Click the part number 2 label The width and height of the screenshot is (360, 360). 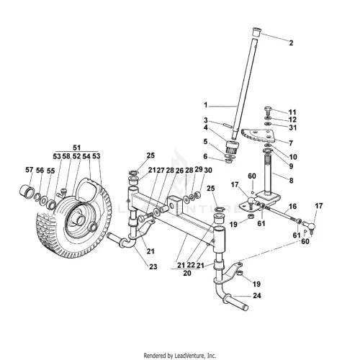[x=291, y=43]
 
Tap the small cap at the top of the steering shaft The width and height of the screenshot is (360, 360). [x=256, y=32]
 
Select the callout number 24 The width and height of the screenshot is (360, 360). [x=257, y=295]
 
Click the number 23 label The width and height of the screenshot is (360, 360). [x=153, y=266]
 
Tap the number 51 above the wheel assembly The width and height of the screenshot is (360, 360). [x=76, y=148]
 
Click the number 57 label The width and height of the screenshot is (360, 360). [x=29, y=170]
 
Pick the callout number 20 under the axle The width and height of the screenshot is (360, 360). [x=187, y=273]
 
